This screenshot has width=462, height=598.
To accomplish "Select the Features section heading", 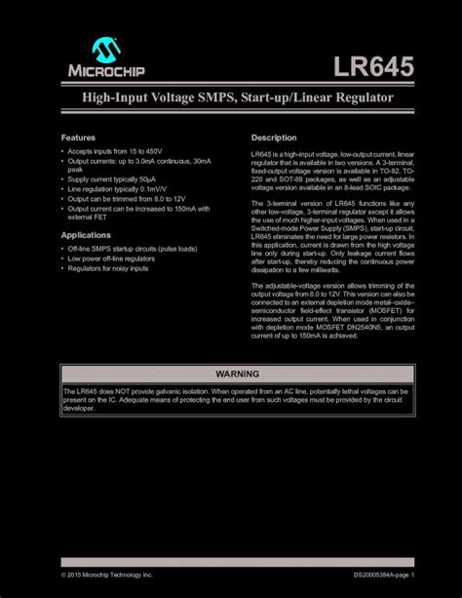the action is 79,138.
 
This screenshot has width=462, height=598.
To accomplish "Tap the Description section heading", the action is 274,138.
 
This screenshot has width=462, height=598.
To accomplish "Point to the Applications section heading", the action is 87,235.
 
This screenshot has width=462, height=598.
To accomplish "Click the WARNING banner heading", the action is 230,375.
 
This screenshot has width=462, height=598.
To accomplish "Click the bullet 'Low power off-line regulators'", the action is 111,259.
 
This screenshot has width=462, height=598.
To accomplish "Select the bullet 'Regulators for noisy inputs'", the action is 107,268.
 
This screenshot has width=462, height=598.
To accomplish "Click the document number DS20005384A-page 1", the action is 384,576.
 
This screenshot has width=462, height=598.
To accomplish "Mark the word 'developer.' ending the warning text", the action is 79,410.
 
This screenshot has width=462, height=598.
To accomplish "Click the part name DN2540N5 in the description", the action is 358,328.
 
